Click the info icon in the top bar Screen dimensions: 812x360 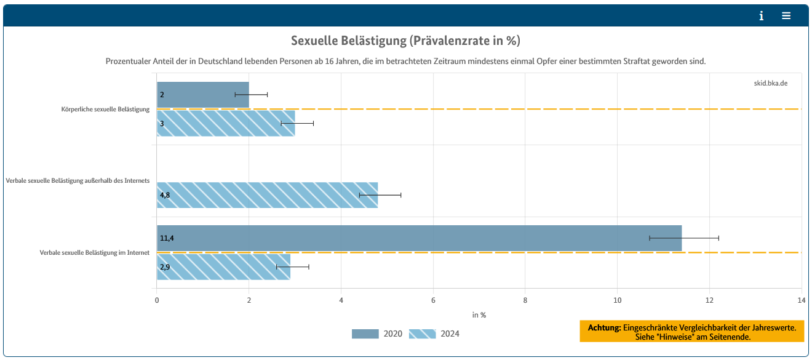pyautogui.click(x=762, y=16)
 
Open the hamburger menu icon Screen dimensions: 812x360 pyautogui.click(x=786, y=15)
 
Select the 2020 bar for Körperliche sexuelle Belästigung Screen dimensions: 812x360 pyautogui.click(x=203, y=95)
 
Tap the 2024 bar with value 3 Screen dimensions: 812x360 pyautogui.click(x=226, y=123)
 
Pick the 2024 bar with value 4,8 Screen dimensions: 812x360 pyautogui.click(x=267, y=195)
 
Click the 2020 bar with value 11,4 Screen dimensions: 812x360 pyautogui.click(x=419, y=238)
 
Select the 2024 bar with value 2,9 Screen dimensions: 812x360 pyautogui.click(x=224, y=267)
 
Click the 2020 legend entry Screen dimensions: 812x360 pyautogui.click(x=377, y=334)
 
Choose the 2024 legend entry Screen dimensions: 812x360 pyautogui.click(x=434, y=334)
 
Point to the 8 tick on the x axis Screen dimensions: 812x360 pyautogui.click(x=525, y=300)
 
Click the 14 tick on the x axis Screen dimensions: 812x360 pyautogui.click(x=801, y=300)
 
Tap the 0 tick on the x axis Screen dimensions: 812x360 pyautogui.click(x=157, y=300)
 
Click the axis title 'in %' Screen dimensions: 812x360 pyautogui.click(x=479, y=315)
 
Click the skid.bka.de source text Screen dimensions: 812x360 pyautogui.click(x=771, y=83)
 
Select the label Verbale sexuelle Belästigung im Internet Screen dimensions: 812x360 pyautogui.click(x=95, y=253)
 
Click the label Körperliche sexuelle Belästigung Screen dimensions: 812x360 pyautogui.click(x=105, y=109)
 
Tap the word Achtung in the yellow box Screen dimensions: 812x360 pyautogui.click(x=604, y=328)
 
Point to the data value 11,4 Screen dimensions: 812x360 pyautogui.click(x=167, y=238)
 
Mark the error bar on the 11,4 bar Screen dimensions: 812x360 pyautogui.click(x=684, y=238)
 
